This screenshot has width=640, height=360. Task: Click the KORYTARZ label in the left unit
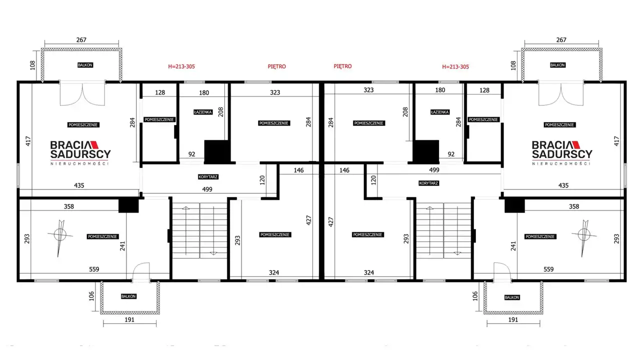pos(208,177)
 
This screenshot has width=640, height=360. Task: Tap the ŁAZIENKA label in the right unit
pos(439,112)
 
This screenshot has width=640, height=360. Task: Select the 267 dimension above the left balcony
pos(81,40)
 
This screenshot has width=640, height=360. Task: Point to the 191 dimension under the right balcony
pos(513,319)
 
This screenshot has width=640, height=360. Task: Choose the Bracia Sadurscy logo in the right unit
pos(561,153)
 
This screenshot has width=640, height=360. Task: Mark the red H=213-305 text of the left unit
pos(181,66)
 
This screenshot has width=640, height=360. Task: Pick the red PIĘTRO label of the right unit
pos(342,66)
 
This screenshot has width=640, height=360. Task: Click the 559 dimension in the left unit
pos(94,269)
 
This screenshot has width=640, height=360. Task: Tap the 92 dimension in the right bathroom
pos(451,154)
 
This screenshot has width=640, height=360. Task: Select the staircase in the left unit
pos(199,230)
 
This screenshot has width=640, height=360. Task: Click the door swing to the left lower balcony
pos(141,271)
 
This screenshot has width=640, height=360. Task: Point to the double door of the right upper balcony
pos(561,94)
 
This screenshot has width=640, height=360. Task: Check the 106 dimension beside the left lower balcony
pos(91,296)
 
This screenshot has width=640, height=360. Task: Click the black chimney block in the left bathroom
pos(217,151)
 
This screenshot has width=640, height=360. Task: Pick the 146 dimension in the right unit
pos(344,170)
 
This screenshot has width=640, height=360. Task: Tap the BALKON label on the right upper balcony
pos(557,65)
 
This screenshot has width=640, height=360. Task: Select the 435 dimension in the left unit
pos(79,185)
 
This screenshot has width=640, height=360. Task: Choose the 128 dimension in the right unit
pos(484,90)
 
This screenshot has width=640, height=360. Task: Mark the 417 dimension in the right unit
pos(616,141)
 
